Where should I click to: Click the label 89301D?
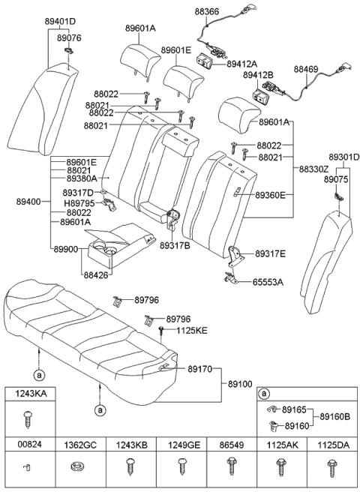pyautogui.click(x=341, y=157)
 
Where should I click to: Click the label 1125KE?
pyautogui.click(x=192, y=330)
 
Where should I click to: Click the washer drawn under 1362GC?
pyautogui.click(x=76, y=470)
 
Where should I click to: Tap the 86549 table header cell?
pyautogui.click(x=230, y=444)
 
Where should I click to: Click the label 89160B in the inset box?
pyautogui.click(x=334, y=416)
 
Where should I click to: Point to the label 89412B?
pyautogui.click(x=258, y=76)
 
